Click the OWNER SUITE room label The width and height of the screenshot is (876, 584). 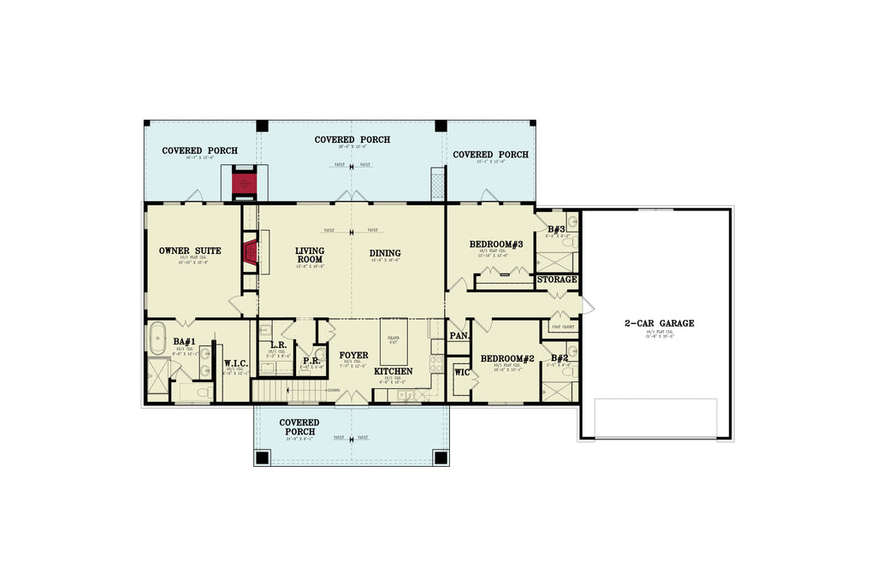click(190, 251)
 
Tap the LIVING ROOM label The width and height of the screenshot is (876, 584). click(310, 255)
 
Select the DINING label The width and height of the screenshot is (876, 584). click(385, 253)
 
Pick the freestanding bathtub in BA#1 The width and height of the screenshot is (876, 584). click(157, 339)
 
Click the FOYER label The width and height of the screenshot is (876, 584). click(353, 355)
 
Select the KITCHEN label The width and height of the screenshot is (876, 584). click(394, 371)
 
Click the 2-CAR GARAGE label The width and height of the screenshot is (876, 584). click(659, 323)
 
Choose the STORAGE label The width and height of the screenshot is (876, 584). click(557, 280)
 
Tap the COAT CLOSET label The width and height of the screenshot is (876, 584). click(562, 327)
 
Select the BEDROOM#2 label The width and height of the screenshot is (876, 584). click(506, 358)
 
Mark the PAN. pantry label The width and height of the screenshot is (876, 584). click(459, 336)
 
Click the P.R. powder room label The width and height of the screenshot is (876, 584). click(311, 362)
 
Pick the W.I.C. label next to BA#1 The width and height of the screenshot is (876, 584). click(236, 363)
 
